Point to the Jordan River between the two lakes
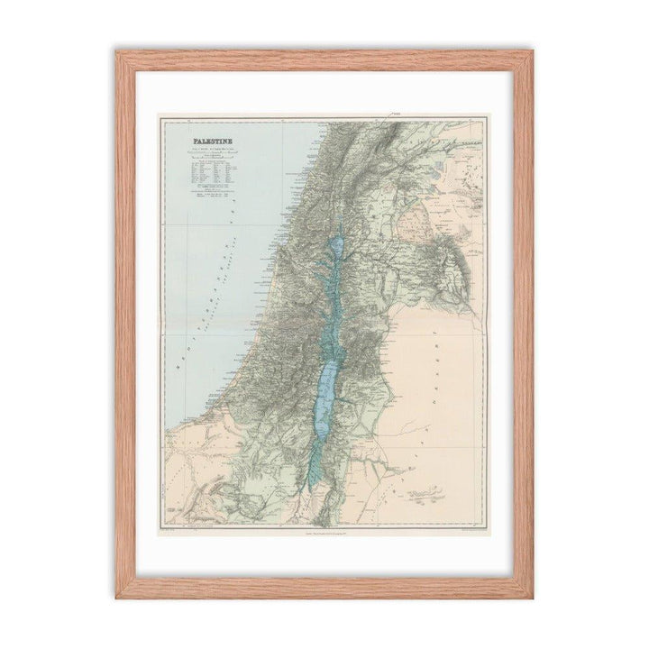coord(331,311)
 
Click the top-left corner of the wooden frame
coord(117,52)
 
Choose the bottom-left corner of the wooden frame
coord(117,597)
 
